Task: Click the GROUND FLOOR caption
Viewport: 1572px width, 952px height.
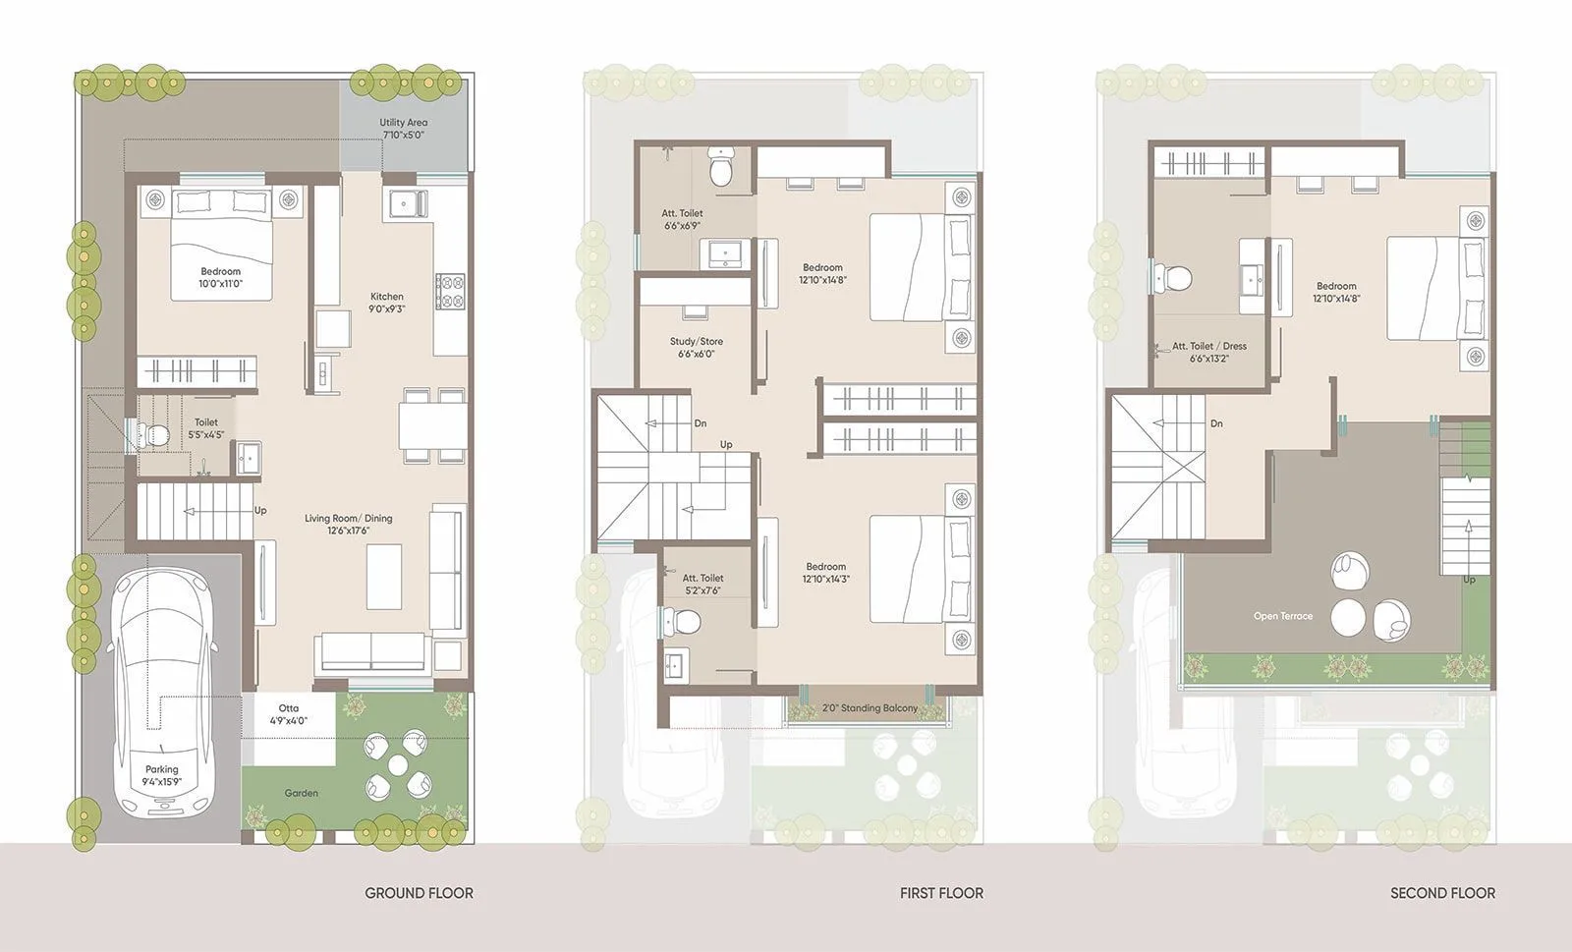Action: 419,893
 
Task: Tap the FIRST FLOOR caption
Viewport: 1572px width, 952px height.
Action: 940,893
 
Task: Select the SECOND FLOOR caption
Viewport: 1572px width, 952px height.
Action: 1442,893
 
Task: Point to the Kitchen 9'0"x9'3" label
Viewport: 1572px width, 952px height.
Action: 387,302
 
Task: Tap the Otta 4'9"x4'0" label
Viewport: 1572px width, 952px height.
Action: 289,714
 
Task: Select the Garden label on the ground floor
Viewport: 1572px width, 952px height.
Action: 301,793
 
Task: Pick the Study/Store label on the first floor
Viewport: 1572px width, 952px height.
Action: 696,348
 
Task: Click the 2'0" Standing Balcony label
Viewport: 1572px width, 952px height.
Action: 870,708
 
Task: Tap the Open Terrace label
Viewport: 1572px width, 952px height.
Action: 1282,616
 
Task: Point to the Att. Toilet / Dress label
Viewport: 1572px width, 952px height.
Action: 1208,352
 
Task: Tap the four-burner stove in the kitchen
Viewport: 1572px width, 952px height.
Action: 451,291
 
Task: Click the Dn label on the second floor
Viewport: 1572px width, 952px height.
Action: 1216,424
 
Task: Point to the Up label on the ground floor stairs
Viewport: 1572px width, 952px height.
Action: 260,511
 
